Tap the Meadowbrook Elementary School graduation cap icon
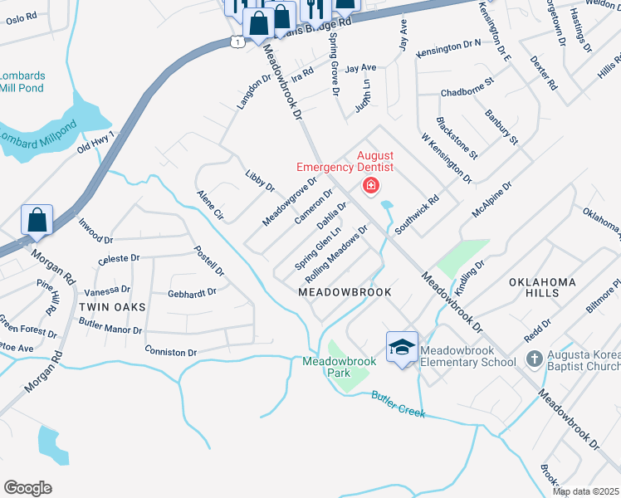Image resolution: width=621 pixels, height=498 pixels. [402, 348]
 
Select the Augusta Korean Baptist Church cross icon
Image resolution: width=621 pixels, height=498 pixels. [534, 359]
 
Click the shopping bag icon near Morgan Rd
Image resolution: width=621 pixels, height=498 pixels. [37, 221]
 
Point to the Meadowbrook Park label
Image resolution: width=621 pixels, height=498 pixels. [339, 367]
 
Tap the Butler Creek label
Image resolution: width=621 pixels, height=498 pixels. [398, 404]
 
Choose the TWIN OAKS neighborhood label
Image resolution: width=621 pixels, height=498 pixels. [112, 307]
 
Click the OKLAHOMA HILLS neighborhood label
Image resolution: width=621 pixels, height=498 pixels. [542, 289]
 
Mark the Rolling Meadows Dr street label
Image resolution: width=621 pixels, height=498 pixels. [336, 253]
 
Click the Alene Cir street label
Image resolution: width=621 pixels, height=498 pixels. [210, 204]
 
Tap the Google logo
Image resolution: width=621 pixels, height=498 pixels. [27, 488]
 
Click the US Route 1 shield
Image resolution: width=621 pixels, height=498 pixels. [238, 41]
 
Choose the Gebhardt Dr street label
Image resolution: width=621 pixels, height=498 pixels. [192, 292]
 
